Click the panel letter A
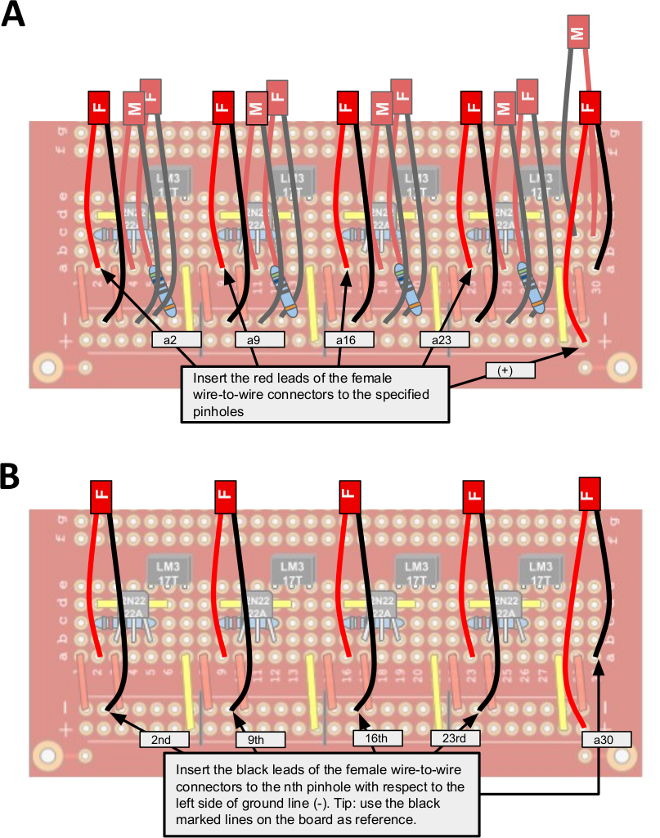(14, 16)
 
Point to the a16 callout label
(349, 338)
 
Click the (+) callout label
(510, 370)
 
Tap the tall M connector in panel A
(579, 34)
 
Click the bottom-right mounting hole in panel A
(622, 365)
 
